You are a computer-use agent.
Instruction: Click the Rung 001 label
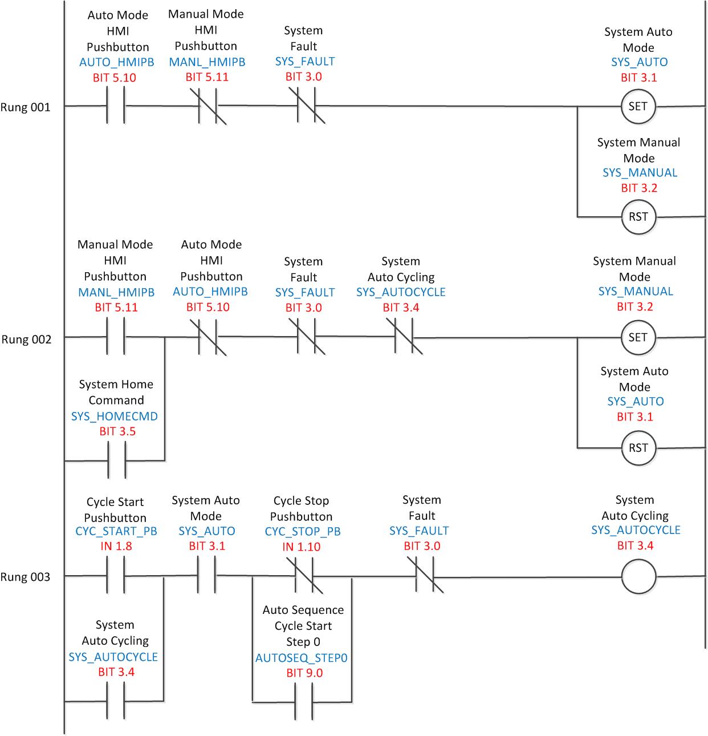click(x=25, y=107)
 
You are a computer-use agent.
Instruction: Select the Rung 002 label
click(x=26, y=339)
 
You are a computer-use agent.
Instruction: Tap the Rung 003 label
click(x=25, y=577)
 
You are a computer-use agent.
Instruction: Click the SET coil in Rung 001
click(x=638, y=106)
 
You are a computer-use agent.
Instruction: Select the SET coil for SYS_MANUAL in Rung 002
click(x=638, y=337)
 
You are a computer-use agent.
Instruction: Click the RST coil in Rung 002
click(x=638, y=448)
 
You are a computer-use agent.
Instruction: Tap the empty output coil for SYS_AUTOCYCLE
click(x=638, y=577)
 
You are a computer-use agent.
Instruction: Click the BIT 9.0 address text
click(x=304, y=673)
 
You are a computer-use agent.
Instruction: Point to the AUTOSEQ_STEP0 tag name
click(x=301, y=658)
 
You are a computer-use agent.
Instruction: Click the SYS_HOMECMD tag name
click(x=115, y=416)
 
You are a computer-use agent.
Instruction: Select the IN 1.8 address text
click(x=116, y=546)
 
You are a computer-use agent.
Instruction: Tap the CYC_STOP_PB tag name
click(x=303, y=532)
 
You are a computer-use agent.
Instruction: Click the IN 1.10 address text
click(x=302, y=547)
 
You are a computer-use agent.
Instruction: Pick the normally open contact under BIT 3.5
click(x=116, y=460)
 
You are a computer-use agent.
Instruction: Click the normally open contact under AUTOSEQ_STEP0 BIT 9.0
click(x=303, y=701)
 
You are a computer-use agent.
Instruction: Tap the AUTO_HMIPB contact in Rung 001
click(x=116, y=106)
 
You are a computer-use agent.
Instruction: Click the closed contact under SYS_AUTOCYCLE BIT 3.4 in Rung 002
click(x=404, y=337)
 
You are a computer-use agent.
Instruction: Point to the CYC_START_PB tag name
click(x=116, y=531)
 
